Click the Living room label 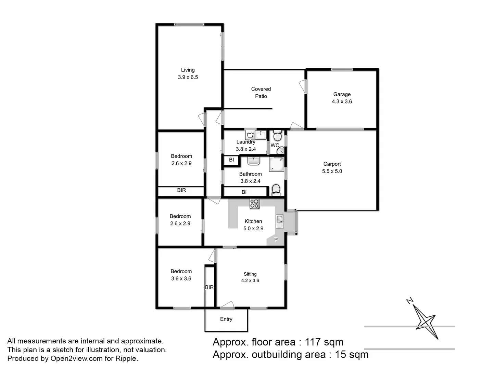click(188, 70)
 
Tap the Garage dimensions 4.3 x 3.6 click(342, 101)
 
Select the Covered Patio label click(261, 93)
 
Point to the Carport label click(332, 164)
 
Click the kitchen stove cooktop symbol click(254, 204)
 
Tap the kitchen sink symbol click(280, 221)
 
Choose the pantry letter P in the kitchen click(276, 240)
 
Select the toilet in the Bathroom click(276, 190)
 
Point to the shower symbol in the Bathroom click(276, 164)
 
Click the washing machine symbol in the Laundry click(250, 135)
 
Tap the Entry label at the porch click(226, 319)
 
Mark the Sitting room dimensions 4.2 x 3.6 click(250, 281)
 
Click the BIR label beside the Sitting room click(209, 287)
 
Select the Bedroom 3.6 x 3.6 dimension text click(181, 278)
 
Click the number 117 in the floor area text click(313, 342)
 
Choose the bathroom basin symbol click(254, 160)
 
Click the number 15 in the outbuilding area click(341, 354)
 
